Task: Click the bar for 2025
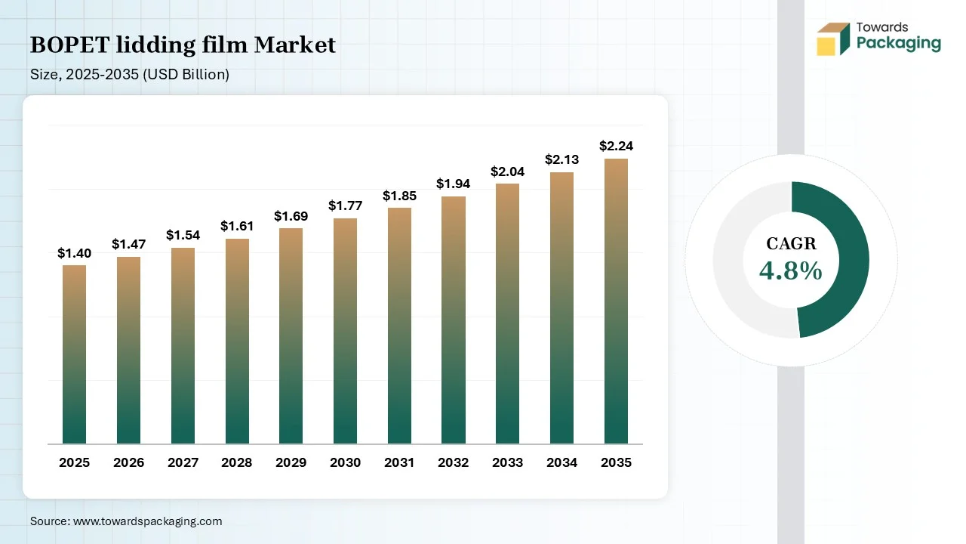74,354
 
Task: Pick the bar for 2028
237,342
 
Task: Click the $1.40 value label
74,253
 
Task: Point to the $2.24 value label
616,146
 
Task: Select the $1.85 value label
399,196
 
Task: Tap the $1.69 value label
291,216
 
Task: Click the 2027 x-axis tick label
183,462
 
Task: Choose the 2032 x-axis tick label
454,462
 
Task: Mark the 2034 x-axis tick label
561,462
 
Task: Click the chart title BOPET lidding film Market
183,45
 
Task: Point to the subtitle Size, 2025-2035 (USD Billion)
130,74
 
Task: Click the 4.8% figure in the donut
790,270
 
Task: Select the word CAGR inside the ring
791,243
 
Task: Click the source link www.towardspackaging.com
146,521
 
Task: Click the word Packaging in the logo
898,44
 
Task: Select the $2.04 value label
507,172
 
